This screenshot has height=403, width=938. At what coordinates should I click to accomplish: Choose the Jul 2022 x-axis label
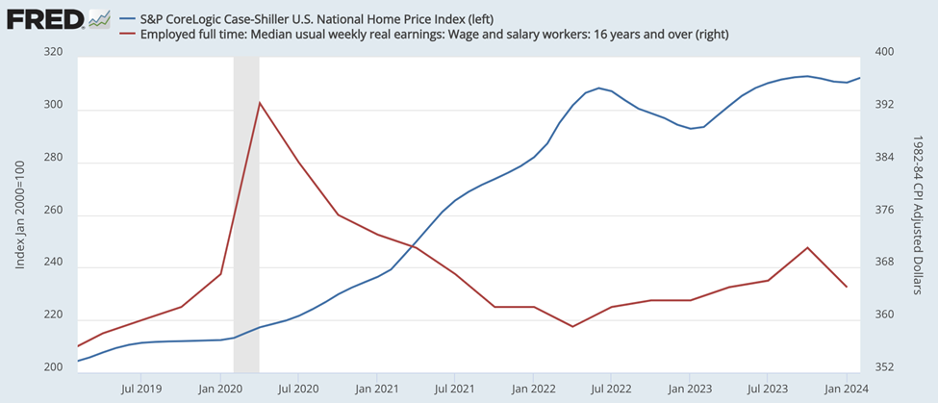pos(611,390)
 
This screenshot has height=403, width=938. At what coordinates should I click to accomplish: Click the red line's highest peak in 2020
pos(260,102)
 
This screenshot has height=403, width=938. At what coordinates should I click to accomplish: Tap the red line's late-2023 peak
pos(808,247)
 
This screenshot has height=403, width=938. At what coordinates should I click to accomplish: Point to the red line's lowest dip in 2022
pos(572,327)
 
